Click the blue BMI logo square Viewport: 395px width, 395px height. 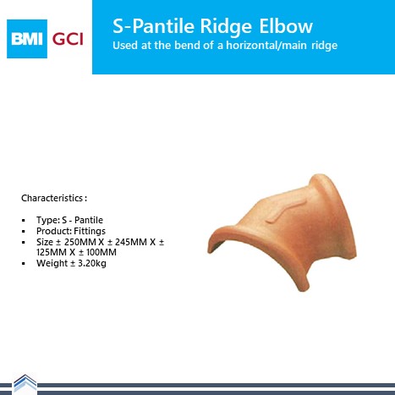click(27, 39)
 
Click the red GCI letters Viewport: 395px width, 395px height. click(68, 39)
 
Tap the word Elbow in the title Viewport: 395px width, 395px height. click(286, 26)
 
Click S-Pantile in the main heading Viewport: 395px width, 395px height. click(154, 26)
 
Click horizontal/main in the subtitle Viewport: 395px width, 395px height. click(266, 46)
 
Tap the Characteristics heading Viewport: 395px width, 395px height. click(54, 198)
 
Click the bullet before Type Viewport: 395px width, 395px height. click(24, 221)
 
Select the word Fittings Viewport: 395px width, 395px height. click(90, 231)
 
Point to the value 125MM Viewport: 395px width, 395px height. click(52, 252)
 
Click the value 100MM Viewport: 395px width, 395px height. click(101, 252)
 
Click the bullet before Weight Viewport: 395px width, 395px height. click(24, 264)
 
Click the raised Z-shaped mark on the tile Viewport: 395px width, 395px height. click(286, 211)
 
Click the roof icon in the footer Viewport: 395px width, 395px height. click(25, 384)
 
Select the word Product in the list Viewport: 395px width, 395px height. click(53, 231)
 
